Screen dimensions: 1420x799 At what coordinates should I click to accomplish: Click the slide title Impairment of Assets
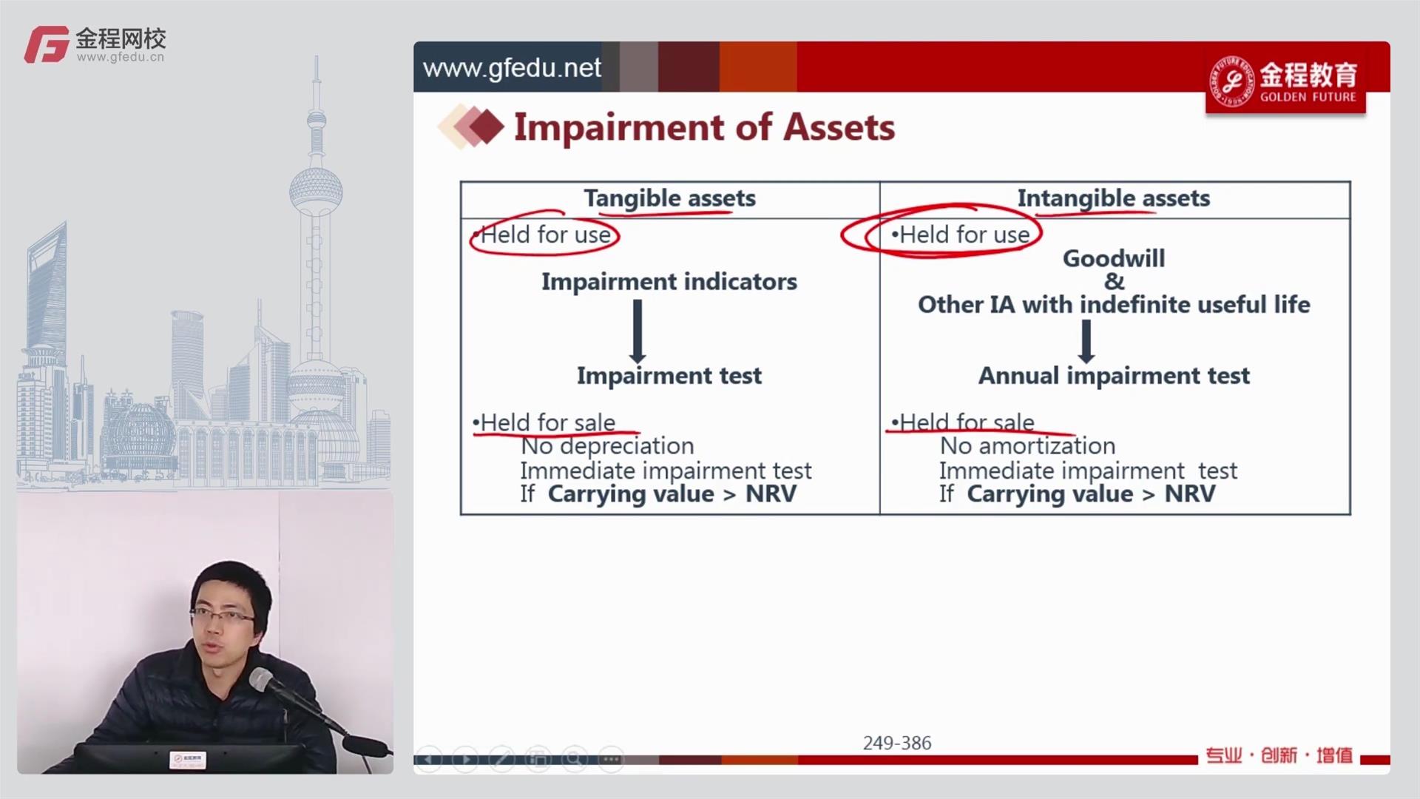(x=704, y=127)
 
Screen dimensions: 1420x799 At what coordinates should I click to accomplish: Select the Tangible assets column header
(x=670, y=198)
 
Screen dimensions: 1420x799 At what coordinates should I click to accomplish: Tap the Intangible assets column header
(x=1114, y=198)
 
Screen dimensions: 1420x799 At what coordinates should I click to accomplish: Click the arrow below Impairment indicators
(x=638, y=331)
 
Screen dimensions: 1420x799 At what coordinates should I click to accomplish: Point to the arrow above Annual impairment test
(x=1086, y=341)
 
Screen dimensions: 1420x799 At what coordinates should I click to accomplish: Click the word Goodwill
(x=1114, y=258)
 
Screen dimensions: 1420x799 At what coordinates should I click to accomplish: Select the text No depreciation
(x=607, y=446)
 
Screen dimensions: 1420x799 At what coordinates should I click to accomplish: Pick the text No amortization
(x=1027, y=446)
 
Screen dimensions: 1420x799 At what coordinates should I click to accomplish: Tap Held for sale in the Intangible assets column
(x=967, y=422)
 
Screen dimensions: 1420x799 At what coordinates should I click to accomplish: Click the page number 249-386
(x=897, y=743)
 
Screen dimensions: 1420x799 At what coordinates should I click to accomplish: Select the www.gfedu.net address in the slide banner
(x=512, y=68)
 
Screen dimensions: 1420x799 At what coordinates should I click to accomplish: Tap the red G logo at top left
(x=47, y=44)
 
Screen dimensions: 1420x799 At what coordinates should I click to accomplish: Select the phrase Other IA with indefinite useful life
(x=1114, y=305)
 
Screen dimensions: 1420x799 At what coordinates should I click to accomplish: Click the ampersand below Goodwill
(x=1114, y=281)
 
